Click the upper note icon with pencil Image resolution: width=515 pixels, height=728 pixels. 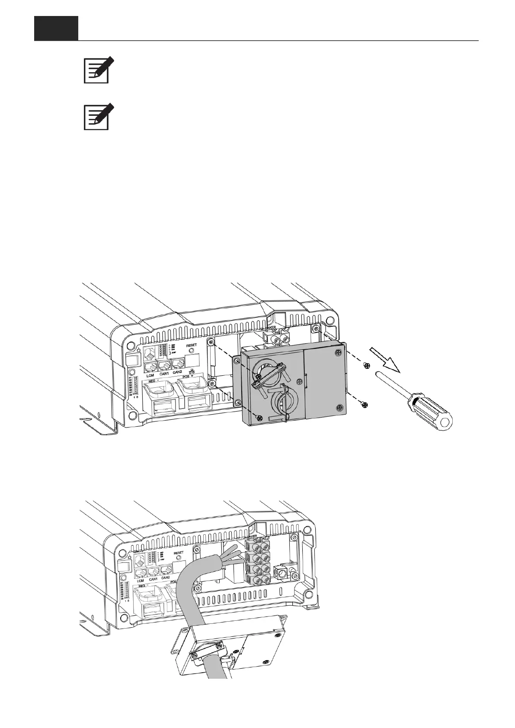click(97, 70)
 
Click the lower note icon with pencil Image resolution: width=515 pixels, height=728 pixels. click(97, 117)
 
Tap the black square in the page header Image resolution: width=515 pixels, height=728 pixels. click(56, 29)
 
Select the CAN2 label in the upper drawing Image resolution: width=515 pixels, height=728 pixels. click(178, 372)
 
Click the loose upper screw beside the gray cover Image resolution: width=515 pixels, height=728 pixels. click(367, 366)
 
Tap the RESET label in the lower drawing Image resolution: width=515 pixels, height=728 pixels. click(178, 552)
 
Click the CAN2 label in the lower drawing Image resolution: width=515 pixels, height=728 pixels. click(165, 578)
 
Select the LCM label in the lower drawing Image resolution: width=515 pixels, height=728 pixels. click(140, 581)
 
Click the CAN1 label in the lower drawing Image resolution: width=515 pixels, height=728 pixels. click(153, 579)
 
